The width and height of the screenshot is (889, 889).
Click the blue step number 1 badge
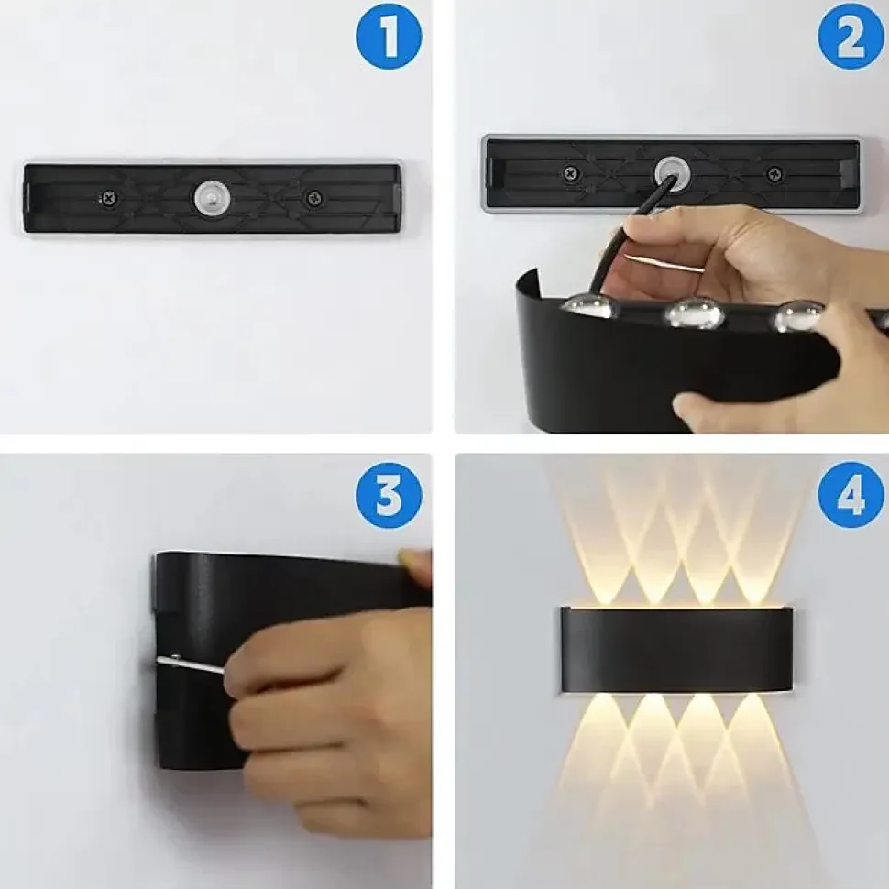tap(389, 37)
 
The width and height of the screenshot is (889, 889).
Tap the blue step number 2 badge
tap(851, 37)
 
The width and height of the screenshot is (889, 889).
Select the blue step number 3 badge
tap(389, 496)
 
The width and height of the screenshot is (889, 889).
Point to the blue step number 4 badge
tap(851, 496)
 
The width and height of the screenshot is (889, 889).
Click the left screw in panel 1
tap(108, 199)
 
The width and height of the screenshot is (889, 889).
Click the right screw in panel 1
tap(313, 199)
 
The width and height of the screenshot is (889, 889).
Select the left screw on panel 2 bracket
tap(571, 173)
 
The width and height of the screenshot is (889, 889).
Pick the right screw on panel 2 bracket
tap(774, 173)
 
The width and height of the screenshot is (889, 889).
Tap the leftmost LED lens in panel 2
tap(589, 306)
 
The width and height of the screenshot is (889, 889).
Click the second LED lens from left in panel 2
tap(695, 313)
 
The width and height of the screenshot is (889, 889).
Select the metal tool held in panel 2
tap(664, 264)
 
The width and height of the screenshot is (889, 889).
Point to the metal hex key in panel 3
tap(190, 664)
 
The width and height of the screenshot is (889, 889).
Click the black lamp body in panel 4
tap(677, 650)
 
